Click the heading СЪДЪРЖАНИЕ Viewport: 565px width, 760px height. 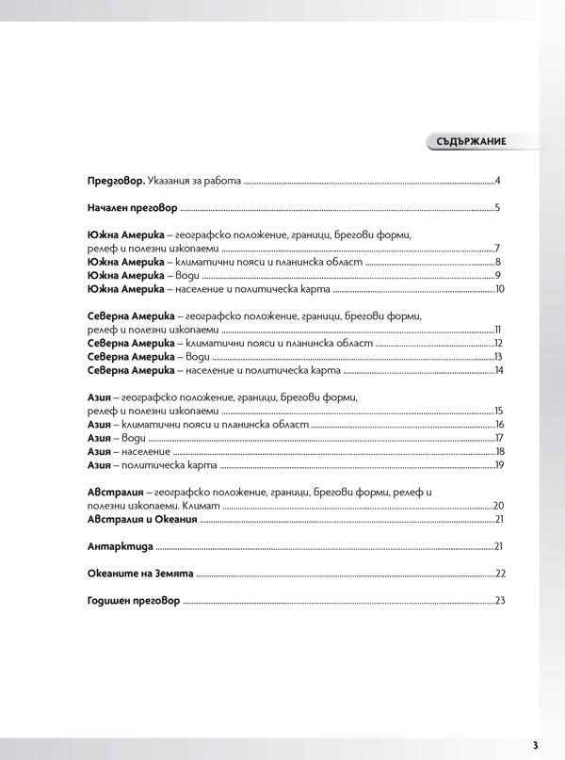[472, 141]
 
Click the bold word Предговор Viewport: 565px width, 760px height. [109, 180]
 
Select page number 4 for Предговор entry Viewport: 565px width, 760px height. [496, 180]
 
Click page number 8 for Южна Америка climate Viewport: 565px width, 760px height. [496, 261]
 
